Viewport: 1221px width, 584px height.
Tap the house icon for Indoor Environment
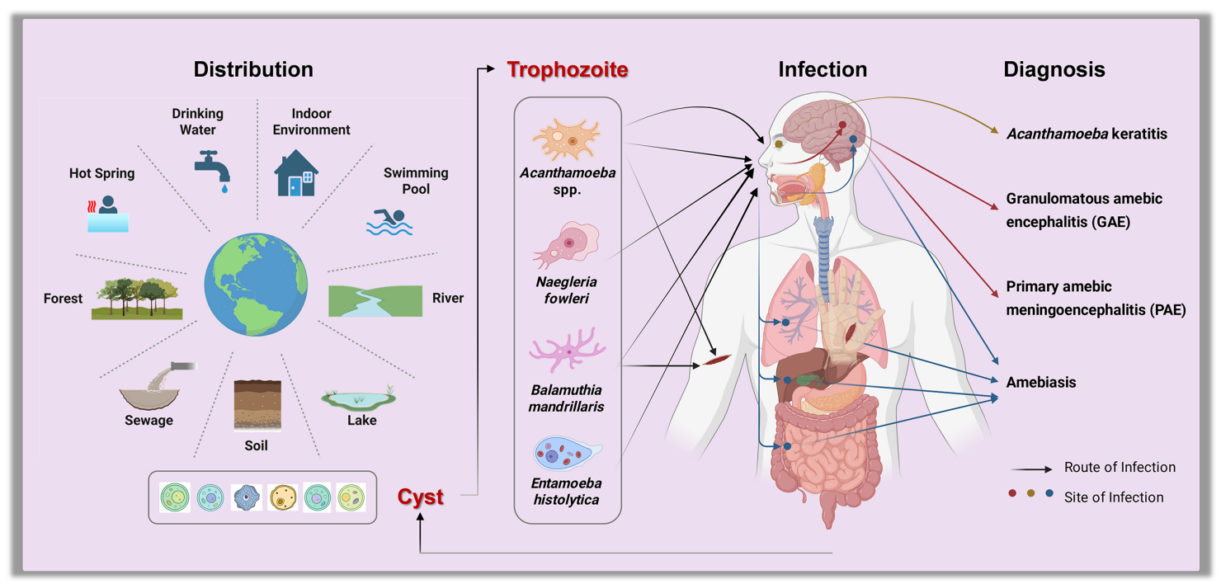296,172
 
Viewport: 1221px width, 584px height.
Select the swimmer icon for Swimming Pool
389,222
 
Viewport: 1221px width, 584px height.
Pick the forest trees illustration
138,298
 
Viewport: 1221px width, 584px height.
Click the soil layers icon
257,404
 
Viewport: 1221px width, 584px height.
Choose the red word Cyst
421,497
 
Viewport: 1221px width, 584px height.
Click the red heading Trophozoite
568,70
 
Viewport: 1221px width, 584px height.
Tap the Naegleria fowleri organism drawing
568,245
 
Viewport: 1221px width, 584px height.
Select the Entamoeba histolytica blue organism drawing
566,454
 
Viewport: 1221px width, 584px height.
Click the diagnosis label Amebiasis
1040,382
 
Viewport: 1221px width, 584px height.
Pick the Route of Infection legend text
1120,467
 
